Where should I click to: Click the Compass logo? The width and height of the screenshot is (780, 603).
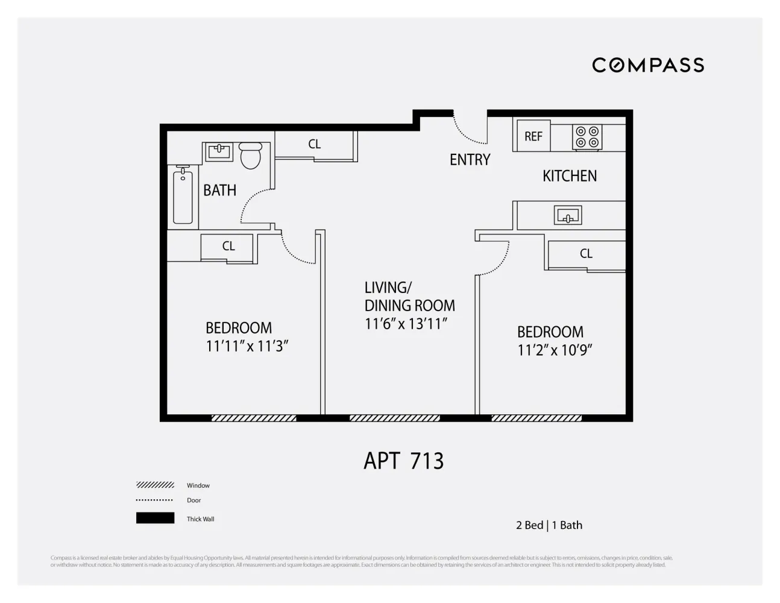tap(648, 65)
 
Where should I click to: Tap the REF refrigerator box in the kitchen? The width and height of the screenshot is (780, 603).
tap(533, 136)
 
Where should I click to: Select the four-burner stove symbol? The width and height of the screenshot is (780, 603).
tap(587, 137)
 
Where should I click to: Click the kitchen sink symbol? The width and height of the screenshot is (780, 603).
tap(567, 215)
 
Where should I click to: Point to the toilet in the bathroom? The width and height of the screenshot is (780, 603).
tap(250, 155)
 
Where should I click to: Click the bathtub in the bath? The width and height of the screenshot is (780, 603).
tap(183, 196)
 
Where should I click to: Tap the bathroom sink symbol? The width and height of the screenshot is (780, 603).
tap(219, 151)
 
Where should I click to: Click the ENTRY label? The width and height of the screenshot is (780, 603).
tap(470, 160)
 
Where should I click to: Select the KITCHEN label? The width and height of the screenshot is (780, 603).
tap(570, 176)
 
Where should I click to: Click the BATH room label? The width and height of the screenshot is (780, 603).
tap(219, 191)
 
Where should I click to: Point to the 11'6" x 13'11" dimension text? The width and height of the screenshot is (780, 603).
tap(406, 324)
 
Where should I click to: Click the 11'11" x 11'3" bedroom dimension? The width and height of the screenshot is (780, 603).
tap(247, 346)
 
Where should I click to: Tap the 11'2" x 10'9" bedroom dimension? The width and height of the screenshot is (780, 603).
tap(555, 350)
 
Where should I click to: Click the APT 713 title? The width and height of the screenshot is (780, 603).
tap(404, 461)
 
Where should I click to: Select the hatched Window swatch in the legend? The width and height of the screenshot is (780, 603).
tap(155, 485)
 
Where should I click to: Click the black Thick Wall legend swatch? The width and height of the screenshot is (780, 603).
tap(155, 518)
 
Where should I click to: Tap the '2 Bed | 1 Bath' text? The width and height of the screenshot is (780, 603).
tap(549, 525)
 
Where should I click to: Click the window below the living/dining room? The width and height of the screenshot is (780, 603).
tap(395, 418)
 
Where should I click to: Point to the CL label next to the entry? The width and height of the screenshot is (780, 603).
tap(314, 144)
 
